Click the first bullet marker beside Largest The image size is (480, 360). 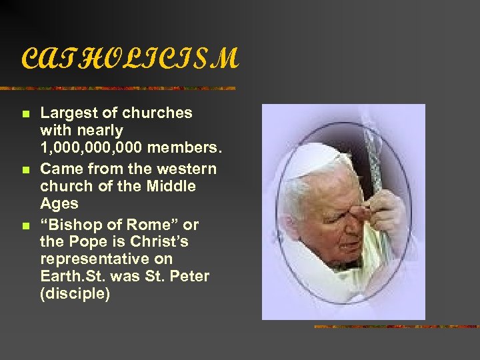26,115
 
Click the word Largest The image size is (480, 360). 69,113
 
